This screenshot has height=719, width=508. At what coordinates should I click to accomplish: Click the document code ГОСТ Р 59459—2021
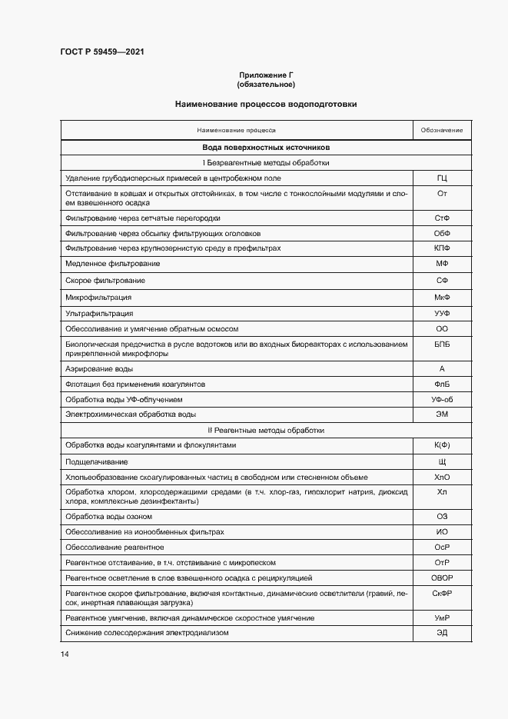click(101, 52)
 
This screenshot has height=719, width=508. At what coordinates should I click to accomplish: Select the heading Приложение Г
click(266, 75)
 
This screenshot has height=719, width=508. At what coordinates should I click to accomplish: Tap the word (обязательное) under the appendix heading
click(266, 84)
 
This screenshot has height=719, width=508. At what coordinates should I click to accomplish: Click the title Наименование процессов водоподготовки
click(266, 104)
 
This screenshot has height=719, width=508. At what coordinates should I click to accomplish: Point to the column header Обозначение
click(442, 130)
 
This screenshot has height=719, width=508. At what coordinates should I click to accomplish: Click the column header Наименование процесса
click(236, 130)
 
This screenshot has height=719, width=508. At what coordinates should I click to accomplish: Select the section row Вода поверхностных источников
click(266, 147)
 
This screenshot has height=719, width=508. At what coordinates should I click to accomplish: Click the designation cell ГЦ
click(442, 178)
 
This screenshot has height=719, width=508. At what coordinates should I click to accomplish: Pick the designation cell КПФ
click(442, 248)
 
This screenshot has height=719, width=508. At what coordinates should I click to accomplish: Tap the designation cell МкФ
click(442, 297)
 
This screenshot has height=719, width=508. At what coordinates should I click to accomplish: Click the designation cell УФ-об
click(442, 400)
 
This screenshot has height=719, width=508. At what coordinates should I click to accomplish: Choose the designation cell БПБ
click(442, 345)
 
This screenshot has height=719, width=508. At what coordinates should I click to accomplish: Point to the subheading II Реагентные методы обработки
click(266, 431)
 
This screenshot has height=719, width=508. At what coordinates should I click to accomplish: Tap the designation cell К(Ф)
click(442, 446)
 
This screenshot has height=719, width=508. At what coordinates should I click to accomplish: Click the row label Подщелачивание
click(96, 462)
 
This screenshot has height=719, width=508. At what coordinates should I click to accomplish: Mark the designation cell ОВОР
click(442, 576)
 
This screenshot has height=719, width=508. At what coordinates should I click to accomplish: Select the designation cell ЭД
click(442, 633)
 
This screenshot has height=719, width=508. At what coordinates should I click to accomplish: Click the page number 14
click(65, 654)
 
